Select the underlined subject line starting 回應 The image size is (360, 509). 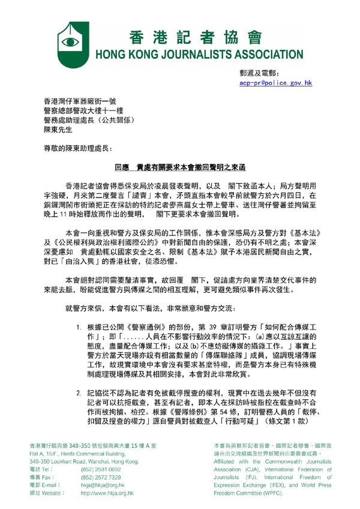point(179,169)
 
